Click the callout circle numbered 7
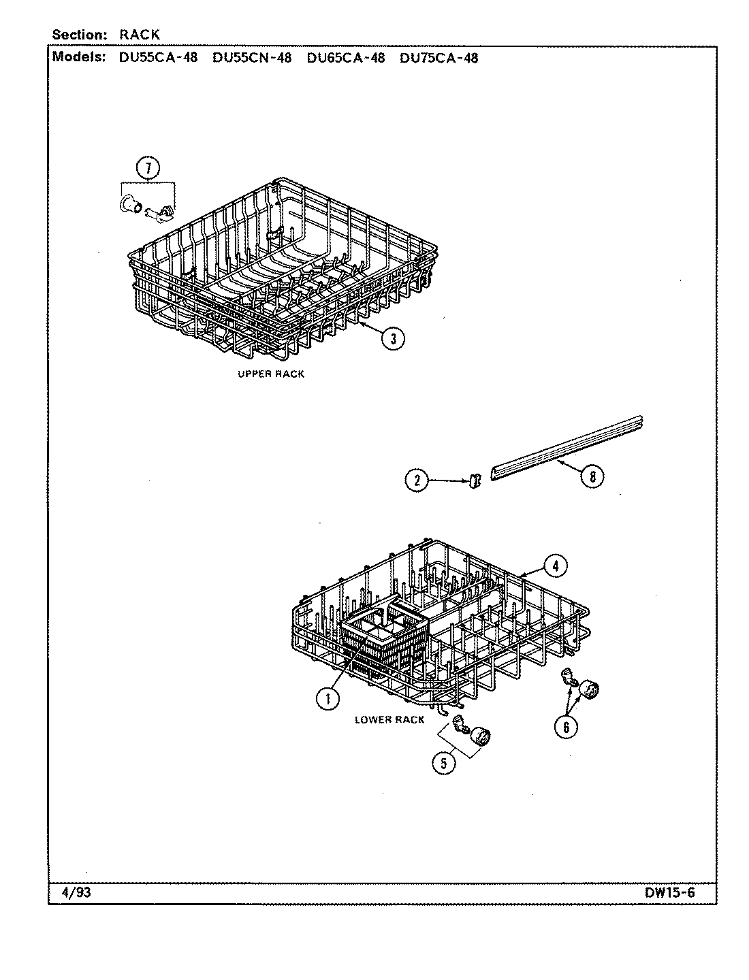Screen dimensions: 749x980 click(148, 167)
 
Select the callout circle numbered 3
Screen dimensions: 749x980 click(393, 338)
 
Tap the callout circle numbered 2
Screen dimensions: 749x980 click(416, 480)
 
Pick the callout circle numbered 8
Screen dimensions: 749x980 click(592, 477)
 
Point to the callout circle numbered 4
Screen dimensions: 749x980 click(555, 565)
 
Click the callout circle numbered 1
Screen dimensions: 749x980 click(328, 697)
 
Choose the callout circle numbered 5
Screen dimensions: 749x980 click(443, 763)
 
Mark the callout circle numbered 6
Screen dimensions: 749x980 click(565, 728)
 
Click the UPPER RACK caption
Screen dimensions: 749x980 click(270, 374)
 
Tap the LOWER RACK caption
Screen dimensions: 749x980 click(389, 719)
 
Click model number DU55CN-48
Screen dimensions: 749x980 click(251, 58)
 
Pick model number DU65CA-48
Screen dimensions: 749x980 click(345, 58)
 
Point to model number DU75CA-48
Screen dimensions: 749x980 click(439, 58)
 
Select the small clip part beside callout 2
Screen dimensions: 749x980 click(473, 481)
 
